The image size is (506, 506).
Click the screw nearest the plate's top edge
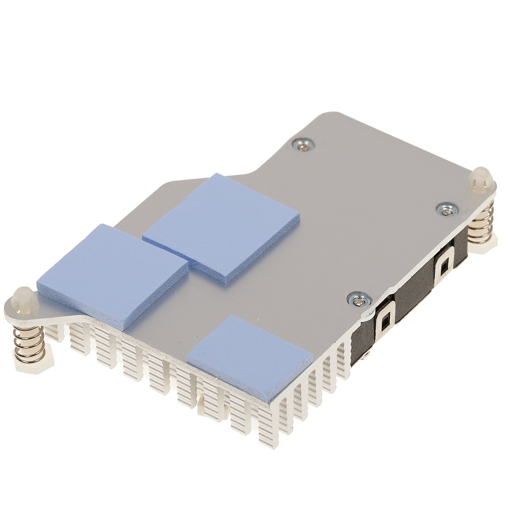303,144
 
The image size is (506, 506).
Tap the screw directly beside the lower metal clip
358,301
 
